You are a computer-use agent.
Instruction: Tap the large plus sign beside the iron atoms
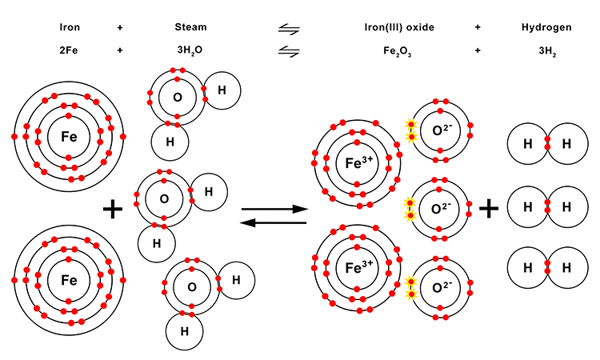coord(113,210)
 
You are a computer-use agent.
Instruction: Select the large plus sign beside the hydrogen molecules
coord(489,210)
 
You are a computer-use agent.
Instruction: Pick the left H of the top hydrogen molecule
coord(528,145)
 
